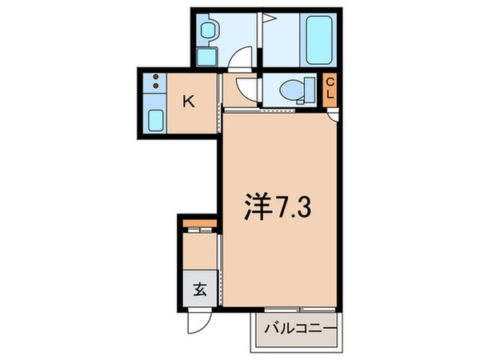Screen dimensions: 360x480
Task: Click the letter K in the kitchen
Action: coord(188,101)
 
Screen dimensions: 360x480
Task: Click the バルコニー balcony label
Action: coord(298,328)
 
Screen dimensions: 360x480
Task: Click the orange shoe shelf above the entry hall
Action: coord(200,222)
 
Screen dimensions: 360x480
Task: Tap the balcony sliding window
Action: coord(297,310)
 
